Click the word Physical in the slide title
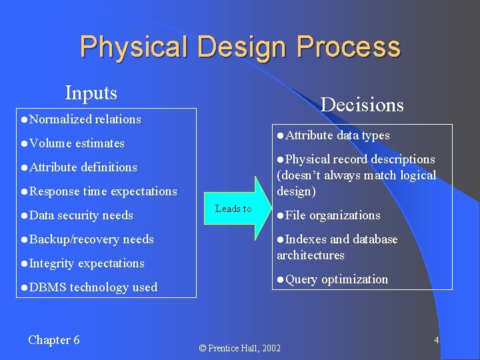(133, 47)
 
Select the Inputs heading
(91, 93)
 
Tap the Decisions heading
(362, 105)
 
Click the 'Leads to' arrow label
(233, 209)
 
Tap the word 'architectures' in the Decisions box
(310, 255)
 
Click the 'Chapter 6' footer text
(54, 340)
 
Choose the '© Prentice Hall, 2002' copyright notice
(240, 348)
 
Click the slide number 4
(437, 340)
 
